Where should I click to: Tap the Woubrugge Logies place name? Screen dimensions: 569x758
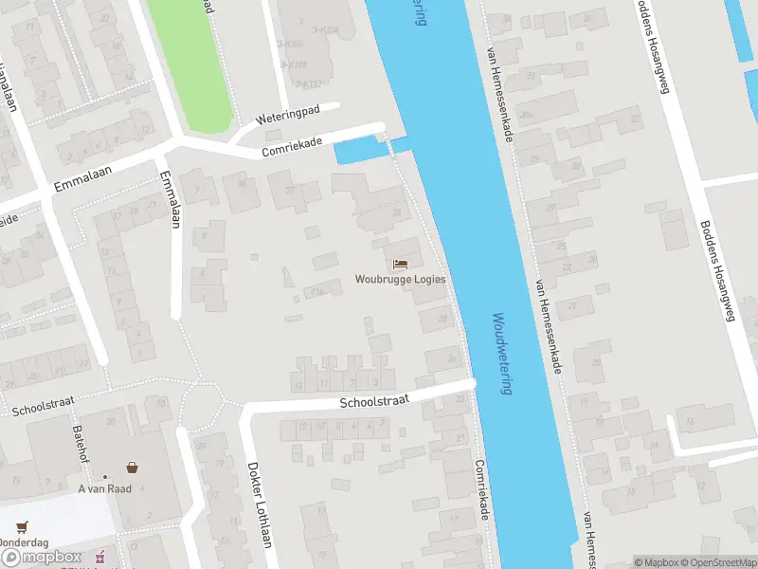[400, 280]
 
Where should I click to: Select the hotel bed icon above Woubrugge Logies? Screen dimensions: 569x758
[400, 264]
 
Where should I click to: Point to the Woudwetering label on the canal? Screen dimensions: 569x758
[502, 354]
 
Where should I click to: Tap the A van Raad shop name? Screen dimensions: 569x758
[104, 488]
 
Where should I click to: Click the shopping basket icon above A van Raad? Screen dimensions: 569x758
[132, 468]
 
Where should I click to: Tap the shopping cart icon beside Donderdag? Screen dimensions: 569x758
[21, 526]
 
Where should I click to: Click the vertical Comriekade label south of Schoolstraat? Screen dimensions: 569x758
[483, 488]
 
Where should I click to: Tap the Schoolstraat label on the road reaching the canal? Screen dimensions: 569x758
[374, 401]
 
